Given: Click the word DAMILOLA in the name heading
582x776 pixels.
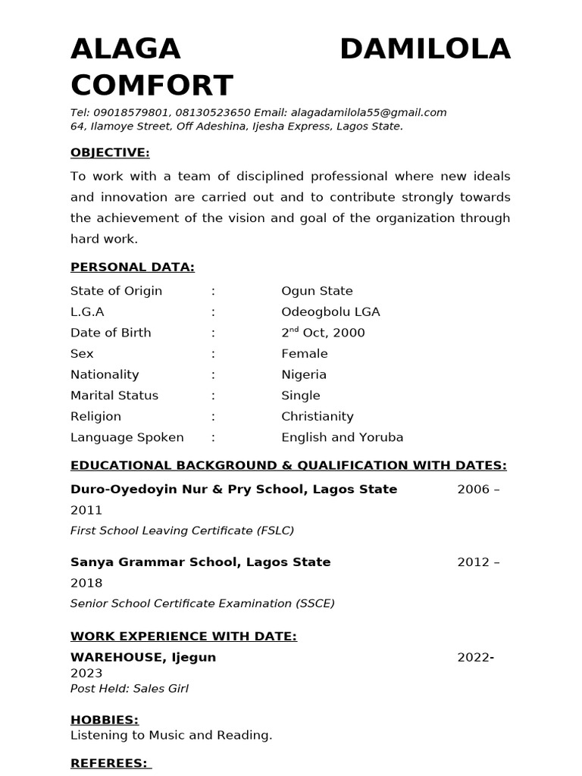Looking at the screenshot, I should coord(424,50).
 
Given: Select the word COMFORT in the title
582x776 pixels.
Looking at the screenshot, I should coord(152,86).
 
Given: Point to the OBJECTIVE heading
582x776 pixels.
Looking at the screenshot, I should coord(110,152).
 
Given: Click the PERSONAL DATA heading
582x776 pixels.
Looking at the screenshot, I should coord(133,267).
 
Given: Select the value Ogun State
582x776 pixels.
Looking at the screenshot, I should coord(317,291).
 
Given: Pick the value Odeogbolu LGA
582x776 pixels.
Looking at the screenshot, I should coord(330,311).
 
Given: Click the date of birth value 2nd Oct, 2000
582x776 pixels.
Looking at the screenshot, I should coord(323,333).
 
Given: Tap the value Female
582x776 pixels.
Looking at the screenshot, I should coord(305,354).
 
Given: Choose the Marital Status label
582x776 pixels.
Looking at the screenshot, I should coord(115,396).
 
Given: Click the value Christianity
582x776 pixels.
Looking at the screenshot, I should coord(317,417).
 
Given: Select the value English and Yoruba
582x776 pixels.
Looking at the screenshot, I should coord(342,437).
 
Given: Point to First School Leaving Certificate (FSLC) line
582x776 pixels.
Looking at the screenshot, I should coord(182,530).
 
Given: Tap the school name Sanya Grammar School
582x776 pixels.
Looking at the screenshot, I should coord(155,562).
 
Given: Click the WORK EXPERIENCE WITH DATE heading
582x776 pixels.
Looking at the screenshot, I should coord(183,636).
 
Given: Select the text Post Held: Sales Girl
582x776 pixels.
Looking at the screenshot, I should coord(129,689).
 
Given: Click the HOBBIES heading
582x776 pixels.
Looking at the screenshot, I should coord(105,720).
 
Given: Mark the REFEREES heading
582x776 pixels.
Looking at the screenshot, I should coord(109,762).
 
